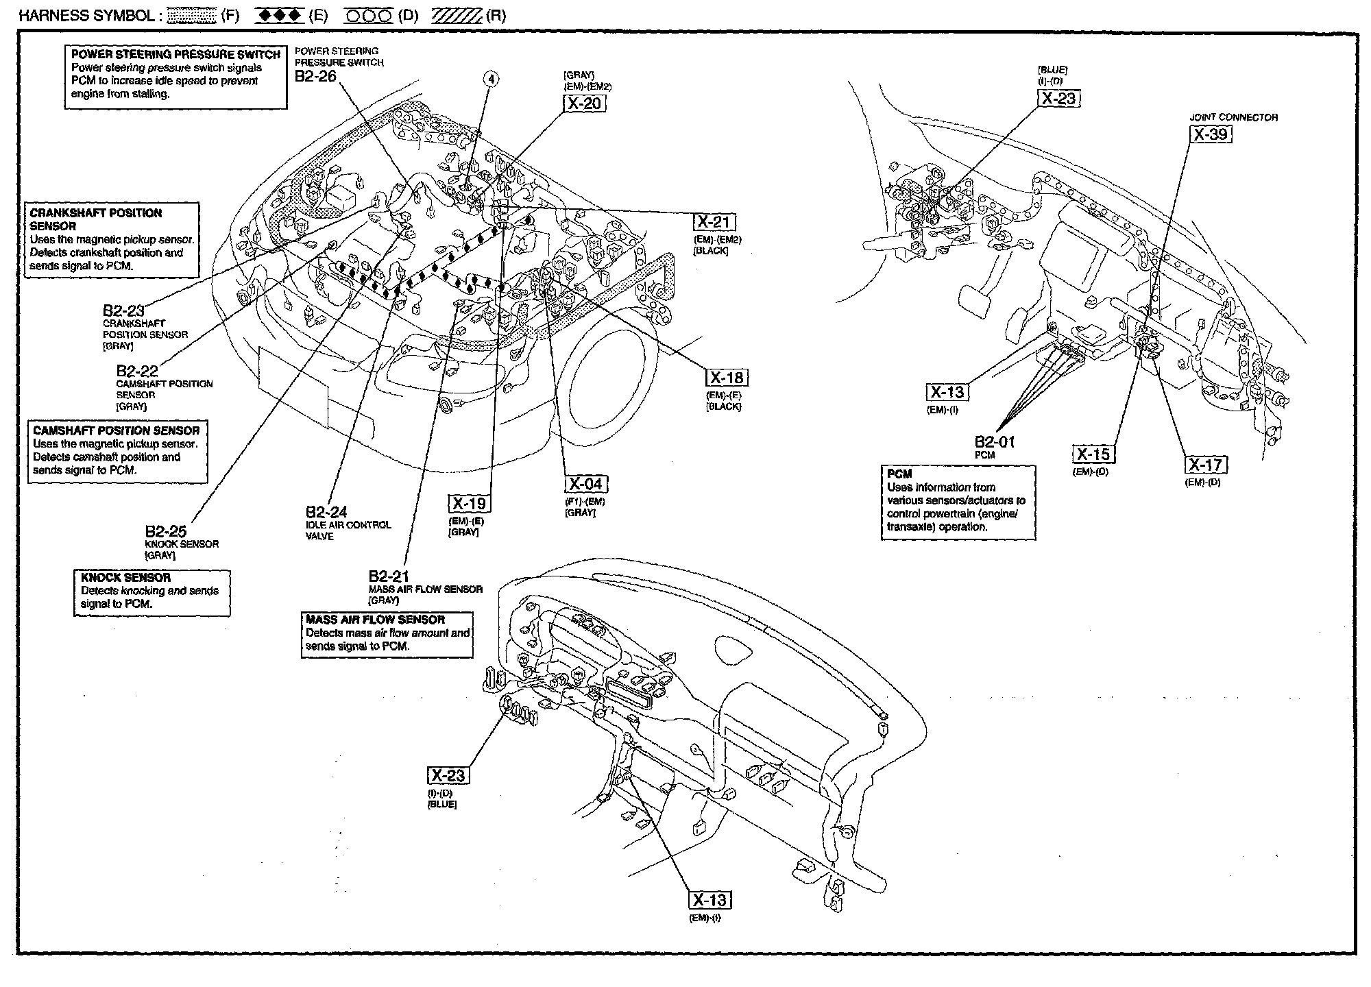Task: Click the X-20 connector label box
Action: point(585,103)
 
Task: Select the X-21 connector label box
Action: point(715,222)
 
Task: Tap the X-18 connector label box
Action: point(727,378)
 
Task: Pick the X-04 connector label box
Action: point(587,484)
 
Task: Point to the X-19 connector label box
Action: point(470,504)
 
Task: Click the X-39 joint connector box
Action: point(1211,134)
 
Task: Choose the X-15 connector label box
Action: point(1093,454)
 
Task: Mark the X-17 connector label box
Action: point(1206,465)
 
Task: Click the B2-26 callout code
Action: point(315,76)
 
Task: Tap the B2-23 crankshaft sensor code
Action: point(123,312)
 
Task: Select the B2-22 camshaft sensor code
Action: point(137,371)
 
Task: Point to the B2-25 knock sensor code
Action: point(165,531)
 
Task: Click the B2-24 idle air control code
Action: point(326,512)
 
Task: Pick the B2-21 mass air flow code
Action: point(389,576)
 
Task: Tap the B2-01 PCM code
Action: point(995,442)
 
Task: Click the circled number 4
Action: point(491,79)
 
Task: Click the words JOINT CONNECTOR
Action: point(1233,117)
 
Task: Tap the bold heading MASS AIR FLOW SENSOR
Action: point(376,620)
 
